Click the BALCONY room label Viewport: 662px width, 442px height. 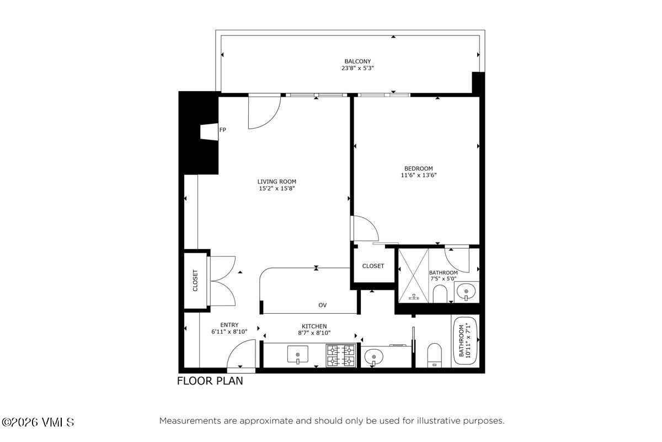coord(357,61)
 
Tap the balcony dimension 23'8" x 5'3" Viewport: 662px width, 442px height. coord(357,69)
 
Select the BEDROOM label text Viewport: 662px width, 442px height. coord(418,169)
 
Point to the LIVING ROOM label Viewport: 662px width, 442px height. coord(277,181)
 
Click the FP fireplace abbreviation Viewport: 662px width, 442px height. coord(223,130)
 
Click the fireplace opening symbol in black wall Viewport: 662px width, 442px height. coord(209,133)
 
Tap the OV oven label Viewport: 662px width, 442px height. coord(323,305)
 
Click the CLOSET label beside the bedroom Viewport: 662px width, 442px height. coord(373,266)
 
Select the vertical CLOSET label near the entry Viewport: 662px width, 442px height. coord(195,280)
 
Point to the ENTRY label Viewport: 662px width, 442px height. coord(229,325)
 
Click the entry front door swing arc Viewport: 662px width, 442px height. coord(241,354)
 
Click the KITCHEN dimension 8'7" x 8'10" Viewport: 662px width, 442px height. coord(314,333)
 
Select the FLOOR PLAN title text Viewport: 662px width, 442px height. coord(210,381)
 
